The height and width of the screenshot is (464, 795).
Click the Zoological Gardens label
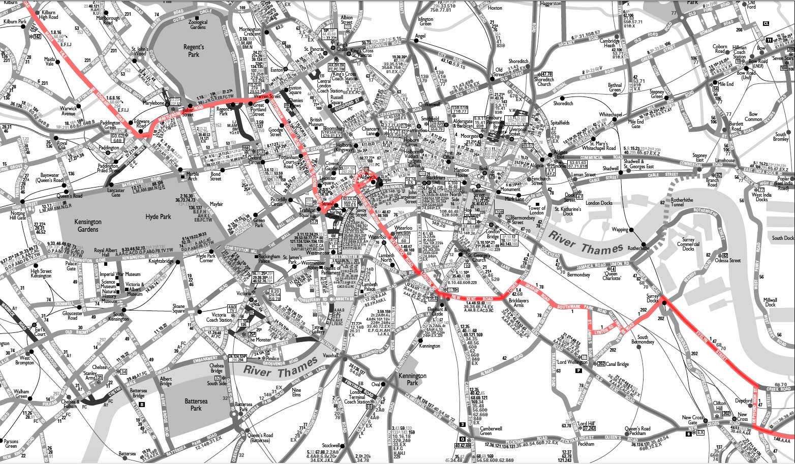(198, 24)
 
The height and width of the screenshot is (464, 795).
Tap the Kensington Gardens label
(88, 225)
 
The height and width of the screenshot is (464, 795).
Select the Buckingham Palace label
(269, 260)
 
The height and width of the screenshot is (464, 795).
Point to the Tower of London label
(537, 210)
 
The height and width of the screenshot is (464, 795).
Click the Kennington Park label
(412, 379)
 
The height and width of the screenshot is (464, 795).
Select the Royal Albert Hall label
(106, 253)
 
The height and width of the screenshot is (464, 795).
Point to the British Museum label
(316, 122)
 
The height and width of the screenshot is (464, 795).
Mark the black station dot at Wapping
(631, 230)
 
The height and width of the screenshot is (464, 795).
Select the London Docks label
(599, 203)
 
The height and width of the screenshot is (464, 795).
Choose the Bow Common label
(753, 117)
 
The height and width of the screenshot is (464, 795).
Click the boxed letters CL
(766, 24)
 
